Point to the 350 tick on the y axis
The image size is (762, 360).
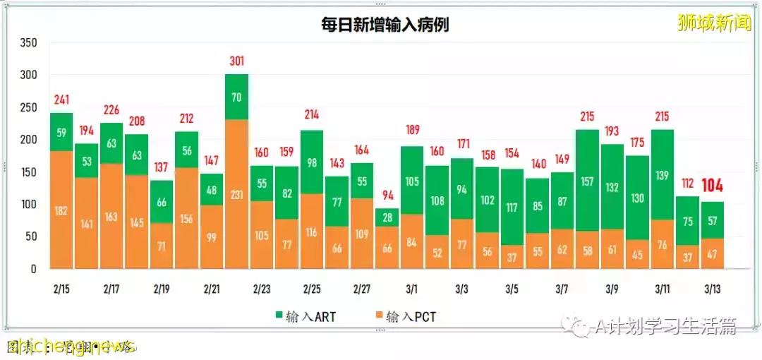pos(28,43)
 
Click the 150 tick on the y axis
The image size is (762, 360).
pos(28,172)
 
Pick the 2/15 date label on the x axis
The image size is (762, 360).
pos(61,289)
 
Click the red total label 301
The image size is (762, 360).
pos(236,61)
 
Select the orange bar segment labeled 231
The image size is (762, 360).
pos(236,194)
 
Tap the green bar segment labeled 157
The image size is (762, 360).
pos(587,181)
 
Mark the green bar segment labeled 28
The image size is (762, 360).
pos(387,217)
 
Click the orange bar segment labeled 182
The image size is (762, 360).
pos(61,210)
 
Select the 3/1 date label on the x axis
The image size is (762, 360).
pos(411,289)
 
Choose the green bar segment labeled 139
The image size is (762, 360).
pos(663,174)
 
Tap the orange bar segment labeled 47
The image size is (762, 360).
pos(713,253)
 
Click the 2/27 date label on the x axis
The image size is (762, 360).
pos(361,289)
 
